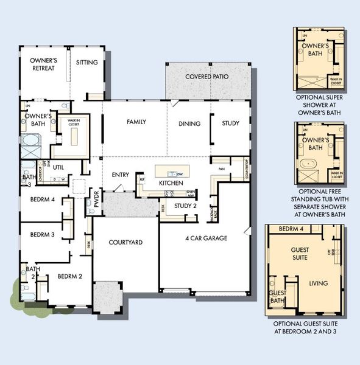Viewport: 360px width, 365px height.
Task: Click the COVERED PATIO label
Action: click(x=207, y=77)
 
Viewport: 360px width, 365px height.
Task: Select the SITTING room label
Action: click(x=87, y=62)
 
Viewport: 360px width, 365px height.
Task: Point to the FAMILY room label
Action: click(x=136, y=122)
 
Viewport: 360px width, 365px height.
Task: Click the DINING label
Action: click(x=189, y=123)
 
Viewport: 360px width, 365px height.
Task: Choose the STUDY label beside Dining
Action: click(x=230, y=123)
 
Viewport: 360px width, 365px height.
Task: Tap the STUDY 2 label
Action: click(x=185, y=206)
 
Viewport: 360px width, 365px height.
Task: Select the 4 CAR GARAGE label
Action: click(x=206, y=238)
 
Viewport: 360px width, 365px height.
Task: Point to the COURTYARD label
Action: click(x=125, y=243)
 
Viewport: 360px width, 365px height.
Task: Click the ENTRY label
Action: click(x=121, y=175)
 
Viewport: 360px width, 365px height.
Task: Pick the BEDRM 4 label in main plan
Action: click(x=43, y=200)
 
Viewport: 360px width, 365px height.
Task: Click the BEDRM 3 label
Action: click(x=43, y=234)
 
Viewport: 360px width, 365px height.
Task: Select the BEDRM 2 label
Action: click(x=70, y=276)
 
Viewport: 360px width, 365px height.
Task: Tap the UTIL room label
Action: click(x=59, y=166)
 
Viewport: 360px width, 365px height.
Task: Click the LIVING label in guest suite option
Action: click(x=318, y=283)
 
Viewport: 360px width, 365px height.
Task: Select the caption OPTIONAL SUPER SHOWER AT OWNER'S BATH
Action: click(x=320, y=105)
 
